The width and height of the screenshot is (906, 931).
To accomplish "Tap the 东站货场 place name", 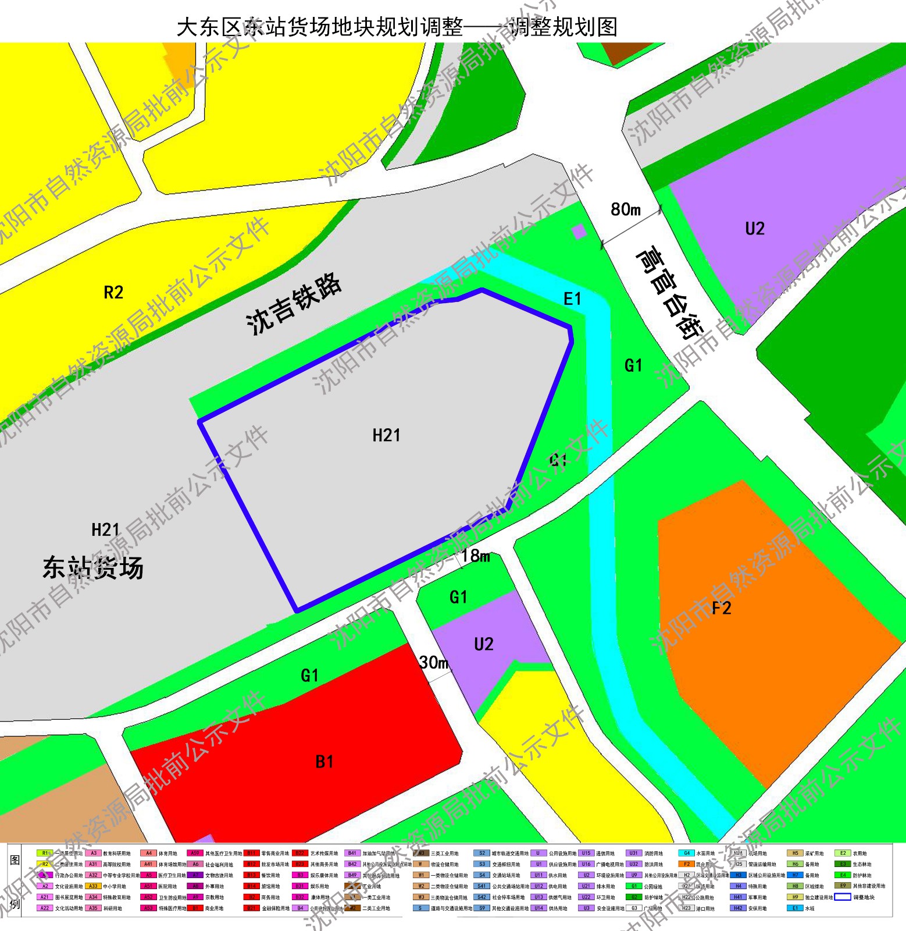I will click(x=93, y=568).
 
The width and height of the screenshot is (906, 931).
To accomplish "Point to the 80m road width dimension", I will click(x=626, y=209).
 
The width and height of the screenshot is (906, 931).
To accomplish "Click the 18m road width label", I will click(x=476, y=556).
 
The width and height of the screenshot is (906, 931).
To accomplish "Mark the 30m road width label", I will click(x=434, y=662).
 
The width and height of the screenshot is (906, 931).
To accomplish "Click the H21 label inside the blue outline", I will click(x=386, y=435).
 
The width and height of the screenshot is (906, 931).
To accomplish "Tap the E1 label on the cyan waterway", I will click(x=572, y=299).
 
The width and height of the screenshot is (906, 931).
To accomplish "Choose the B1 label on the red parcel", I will click(x=324, y=762).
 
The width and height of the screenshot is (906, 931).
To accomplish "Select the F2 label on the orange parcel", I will click(x=721, y=609).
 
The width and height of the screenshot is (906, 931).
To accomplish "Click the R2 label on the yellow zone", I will click(x=113, y=292).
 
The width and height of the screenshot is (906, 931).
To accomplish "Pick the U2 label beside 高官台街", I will click(x=755, y=229).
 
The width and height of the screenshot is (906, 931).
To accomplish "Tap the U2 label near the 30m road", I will click(x=484, y=644).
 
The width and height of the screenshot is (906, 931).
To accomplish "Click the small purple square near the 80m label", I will click(x=579, y=232).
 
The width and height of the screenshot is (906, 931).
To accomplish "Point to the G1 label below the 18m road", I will click(x=458, y=597).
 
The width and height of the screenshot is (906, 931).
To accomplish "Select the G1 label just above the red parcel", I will click(x=309, y=676).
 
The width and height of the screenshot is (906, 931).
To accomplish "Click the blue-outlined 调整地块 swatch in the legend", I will click(x=843, y=897).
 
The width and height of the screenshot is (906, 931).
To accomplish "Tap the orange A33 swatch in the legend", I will click(x=93, y=886).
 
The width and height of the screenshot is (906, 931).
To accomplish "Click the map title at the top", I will click(x=397, y=27).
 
